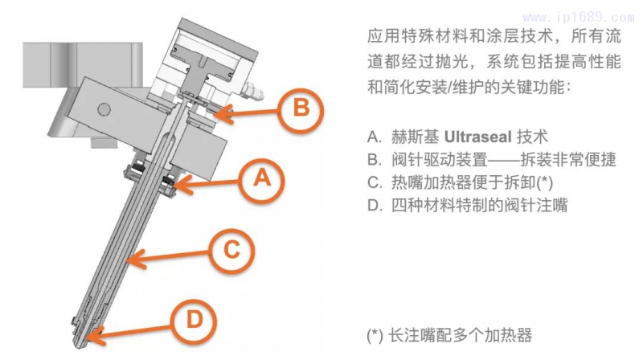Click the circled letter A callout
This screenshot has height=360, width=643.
point(260,179)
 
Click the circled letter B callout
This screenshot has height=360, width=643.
point(299,107)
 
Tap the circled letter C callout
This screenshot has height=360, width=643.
point(231,251)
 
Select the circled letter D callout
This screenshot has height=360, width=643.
point(195,319)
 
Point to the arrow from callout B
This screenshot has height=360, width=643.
point(248,113)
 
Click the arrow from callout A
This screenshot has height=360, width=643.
point(211,185)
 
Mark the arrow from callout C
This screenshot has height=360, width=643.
point(169,257)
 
